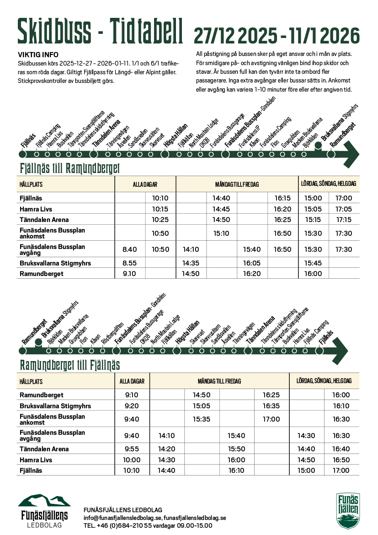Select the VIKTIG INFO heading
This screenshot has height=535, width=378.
click(x=38, y=55)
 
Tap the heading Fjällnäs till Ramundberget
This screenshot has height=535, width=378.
click(x=69, y=168)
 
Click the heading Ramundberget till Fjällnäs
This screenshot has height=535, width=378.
click(x=69, y=365)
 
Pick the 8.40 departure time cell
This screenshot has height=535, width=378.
click(x=130, y=249)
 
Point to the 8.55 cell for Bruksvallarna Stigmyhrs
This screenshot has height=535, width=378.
click(x=130, y=263)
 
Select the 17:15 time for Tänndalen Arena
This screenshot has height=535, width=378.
click(x=344, y=220)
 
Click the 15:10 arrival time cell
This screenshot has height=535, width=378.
click(x=221, y=233)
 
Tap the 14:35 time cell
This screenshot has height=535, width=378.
click(x=191, y=263)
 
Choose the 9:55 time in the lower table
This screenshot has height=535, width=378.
click(x=132, y=449)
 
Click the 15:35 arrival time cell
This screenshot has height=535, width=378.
click(x=201, y=419)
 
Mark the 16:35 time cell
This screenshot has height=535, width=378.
click(x=271, y=406)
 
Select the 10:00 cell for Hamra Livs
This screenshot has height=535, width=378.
click(x=132, y=460)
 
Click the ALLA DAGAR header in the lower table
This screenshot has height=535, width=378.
click(x=132, y=381)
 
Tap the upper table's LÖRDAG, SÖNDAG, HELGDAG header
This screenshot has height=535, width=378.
click(x=328, y=184)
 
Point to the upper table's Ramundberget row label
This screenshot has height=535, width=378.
click(x=41, y=274)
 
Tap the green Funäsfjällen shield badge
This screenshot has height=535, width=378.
click(x=348, y=510)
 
